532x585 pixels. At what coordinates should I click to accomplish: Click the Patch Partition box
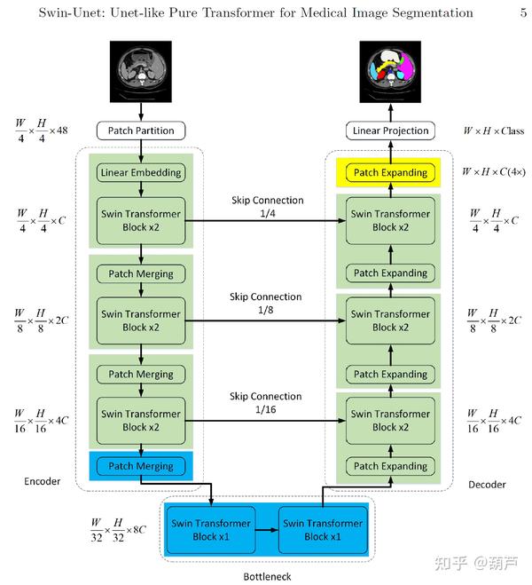pyautogui.click(x=141, y=131)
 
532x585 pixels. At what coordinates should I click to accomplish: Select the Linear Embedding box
pyautogui.click(x=141, y=172)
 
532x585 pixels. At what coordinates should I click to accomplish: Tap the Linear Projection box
pyautogui.click(x=390, y=131)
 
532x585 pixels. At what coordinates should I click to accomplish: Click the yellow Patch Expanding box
pyautogui.click(x=390, y=172)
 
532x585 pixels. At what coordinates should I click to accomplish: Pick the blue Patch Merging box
pyautogui.click(x=141, y=466)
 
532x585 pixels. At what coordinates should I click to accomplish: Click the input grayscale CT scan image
pyautogui.click(x=141, y=70)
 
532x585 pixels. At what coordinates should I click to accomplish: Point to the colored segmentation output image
pyautogui.click(x=390, y=70)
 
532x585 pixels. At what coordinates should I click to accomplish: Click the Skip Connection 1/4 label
pyautogui.click(x=266, y=207)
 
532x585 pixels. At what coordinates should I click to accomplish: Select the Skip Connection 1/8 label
pyautogui.click(x=266, y=303)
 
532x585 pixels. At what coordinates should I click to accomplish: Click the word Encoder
pyautogui.click(x=43, y=482)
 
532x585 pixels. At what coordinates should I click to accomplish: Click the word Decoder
pyautogui.click(x=487, y=485)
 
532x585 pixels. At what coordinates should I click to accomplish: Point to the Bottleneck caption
pyautogui.click(x=267, y=576)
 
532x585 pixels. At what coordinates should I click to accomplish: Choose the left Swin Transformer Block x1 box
pyautogui.click(x=209, y=530)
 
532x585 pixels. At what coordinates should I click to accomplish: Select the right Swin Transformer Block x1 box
pyautogui.click(x=322, y=530)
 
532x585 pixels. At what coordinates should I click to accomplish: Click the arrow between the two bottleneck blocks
pyautogui.click(x=266, y=530)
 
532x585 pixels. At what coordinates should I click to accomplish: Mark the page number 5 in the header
pyautogui.click(x=522, y=13)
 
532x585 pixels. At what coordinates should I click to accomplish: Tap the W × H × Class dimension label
pyautogui.click(x=493, y=131)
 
